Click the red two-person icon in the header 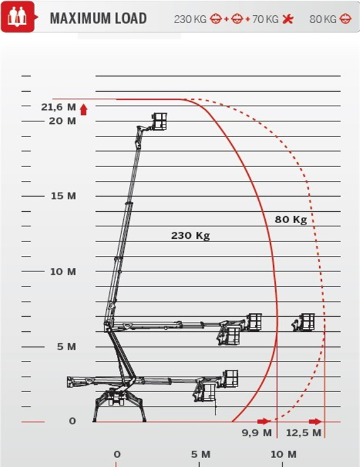pos(18,17)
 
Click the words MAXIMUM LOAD pos(98,18)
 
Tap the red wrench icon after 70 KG pos(288,19)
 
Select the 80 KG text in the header pos(323,19)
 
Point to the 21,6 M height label pos(58,107)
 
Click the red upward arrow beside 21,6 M pos(84,109)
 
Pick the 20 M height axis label pos(63,121)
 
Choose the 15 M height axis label pos(63,196)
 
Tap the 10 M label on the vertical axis pos(63,272)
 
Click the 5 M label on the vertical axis pos(67,347)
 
